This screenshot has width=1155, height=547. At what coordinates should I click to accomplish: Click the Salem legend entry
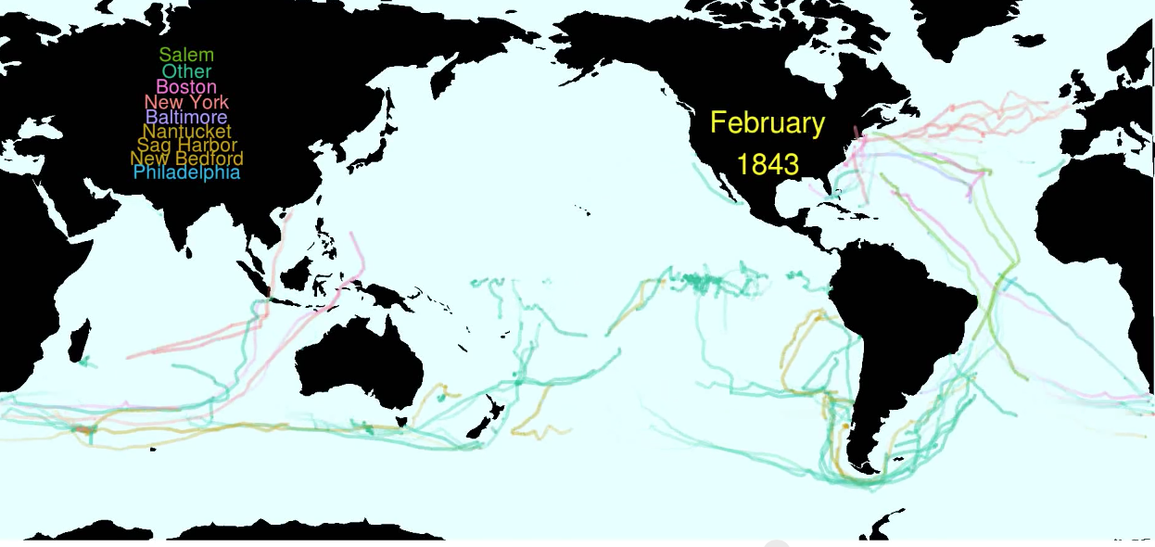pyautogui.click(x=186, y=56)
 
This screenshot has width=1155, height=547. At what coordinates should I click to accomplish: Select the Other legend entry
pyautogui.click(x=186, y=71)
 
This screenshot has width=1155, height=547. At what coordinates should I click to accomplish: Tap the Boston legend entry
pyautogui.click(x=186, y=87)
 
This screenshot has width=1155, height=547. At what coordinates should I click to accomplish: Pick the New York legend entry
pyautogui.click(x=186, y=102)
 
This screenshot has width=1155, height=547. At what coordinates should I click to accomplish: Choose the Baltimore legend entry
pyautogui.click(x=186, y=118)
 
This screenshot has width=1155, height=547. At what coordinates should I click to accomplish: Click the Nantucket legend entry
pyautogui.click(x=186, y=132)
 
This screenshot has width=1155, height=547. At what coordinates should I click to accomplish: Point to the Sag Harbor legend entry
pyautogui.click(x=186, y=146)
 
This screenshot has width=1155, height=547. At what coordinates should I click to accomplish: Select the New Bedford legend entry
pyautogui.click(x=186, y=159)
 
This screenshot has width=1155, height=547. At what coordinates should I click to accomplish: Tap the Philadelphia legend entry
pyautogui.click(x=186, y=172)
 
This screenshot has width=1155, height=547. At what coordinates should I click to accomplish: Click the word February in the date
pyautogui.click(x=768, y=123)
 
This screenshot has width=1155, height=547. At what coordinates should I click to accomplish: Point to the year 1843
pyautogui.click(x=768, y=165)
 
